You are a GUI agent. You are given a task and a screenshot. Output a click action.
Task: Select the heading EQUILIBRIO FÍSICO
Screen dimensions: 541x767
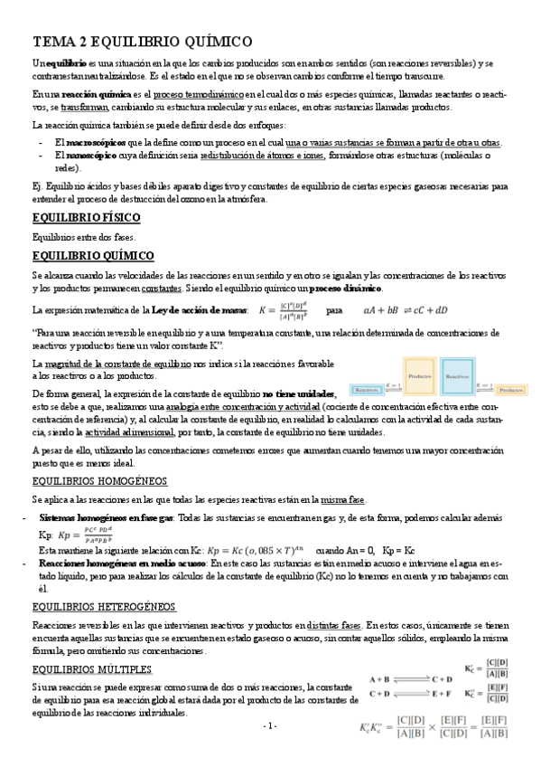(x=85, y=218)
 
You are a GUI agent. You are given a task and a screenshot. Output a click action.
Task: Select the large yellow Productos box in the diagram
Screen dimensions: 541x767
(x=419, y=375)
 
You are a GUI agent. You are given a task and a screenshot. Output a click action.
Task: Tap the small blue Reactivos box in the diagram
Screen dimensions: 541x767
(x=367, y=390)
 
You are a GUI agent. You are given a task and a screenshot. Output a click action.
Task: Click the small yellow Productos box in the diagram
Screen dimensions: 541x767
(x=511, y=390)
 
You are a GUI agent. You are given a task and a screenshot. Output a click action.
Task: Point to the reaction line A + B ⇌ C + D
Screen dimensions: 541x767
(x=411, y=677)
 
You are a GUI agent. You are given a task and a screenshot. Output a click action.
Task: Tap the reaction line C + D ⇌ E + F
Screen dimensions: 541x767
(x=411, y=695)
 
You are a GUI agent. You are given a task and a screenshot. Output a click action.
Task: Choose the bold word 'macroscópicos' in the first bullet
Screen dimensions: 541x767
(x=91, y=143)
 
